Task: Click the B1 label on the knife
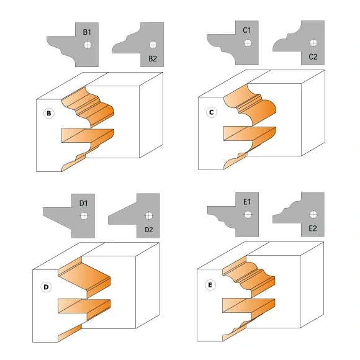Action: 87,32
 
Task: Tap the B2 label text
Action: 153,58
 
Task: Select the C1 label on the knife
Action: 247,30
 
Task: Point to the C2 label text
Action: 313,56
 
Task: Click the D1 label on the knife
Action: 84,203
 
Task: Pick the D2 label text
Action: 149,230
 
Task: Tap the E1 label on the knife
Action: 247,202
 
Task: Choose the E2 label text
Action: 313,228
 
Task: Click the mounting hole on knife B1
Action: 88,45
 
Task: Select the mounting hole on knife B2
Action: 153,45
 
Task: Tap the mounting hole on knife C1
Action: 248,43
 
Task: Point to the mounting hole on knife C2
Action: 313,43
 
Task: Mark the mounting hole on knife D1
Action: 84,216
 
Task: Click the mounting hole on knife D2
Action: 149,216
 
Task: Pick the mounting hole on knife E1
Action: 248,215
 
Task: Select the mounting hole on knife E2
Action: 313,215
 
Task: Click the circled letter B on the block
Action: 49,113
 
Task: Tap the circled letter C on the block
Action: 212,112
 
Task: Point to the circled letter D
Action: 46,287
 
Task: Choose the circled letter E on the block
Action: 210,285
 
